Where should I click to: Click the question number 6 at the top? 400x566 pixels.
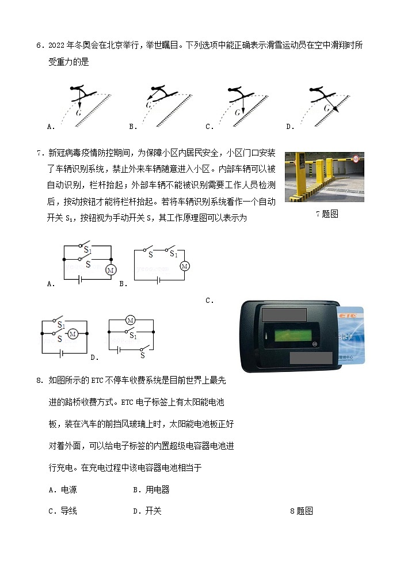[39, 45]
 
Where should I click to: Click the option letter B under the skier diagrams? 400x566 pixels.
[132, 127]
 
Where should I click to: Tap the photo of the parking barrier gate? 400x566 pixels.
[325, 177]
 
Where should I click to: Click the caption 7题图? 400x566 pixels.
[327, 214]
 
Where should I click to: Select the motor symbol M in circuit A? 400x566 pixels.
[111, 269]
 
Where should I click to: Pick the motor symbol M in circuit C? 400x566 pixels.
[73, 333]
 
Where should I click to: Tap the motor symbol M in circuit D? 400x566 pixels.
[130, 320]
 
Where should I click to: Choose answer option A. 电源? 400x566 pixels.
[63, 490]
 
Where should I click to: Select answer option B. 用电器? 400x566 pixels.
[151, 490]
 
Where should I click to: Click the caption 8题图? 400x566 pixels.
[301, 511]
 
